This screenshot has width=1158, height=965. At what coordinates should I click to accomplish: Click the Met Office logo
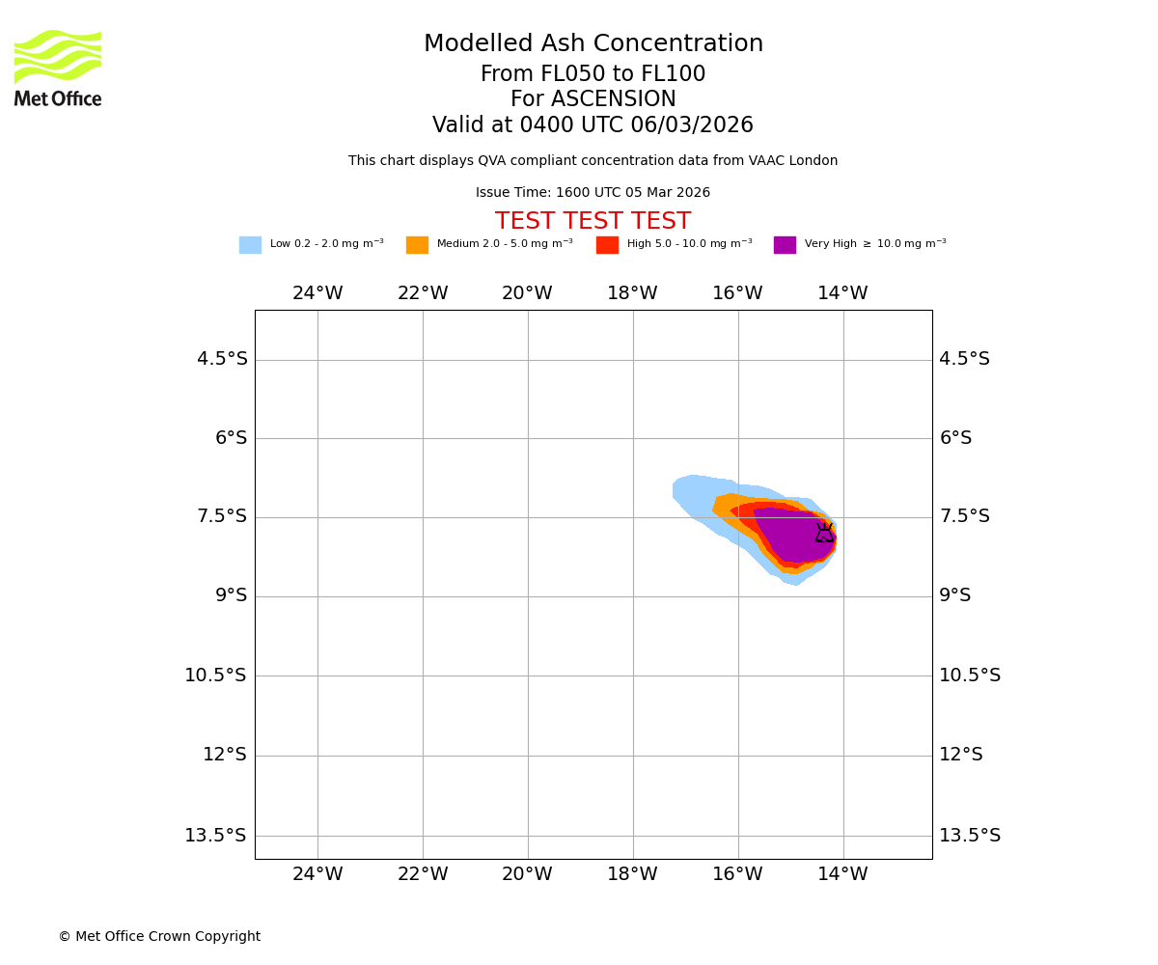[x=58, y=68]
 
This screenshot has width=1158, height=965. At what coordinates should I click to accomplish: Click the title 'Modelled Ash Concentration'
[x=593, y=44]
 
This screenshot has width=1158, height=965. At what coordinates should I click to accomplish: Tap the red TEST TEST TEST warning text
[x=593, y=222]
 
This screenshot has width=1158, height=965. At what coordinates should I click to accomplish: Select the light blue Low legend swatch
[x=250, y=245]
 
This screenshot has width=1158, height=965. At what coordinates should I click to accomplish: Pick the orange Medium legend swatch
[x=417, y=245]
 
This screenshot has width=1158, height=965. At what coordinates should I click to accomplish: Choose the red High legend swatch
[x=607, y=245]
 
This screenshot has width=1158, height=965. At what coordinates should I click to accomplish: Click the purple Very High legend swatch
[x=785, y=245]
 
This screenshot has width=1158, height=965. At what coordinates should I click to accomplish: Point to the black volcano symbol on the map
[x=824, y=533]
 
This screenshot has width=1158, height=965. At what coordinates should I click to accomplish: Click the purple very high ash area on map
[x=791, y=536]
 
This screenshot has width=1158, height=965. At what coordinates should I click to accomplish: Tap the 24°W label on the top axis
[x=317, y=293]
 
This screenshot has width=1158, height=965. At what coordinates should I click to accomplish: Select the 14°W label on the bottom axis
[x=842, y=874]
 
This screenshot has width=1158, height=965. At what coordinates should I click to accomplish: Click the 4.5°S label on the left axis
[x=222, y=359]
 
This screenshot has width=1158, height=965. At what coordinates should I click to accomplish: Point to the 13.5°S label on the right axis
[x=970, y=836]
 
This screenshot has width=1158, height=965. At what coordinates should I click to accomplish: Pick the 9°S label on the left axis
[x=231, y=595]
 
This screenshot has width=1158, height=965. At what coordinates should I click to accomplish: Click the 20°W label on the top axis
[x=527, y=293]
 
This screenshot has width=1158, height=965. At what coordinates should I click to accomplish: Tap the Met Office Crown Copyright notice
[x=159, y=937]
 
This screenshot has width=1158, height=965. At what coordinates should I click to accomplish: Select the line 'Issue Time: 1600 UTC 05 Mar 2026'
[x=593, y=193]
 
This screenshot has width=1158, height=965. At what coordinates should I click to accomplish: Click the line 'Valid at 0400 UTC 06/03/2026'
[x=593, y=125]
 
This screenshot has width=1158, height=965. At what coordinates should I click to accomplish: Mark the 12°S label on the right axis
[x=961, y=755]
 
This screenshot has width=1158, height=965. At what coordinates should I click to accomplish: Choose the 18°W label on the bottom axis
[x=632, y=874]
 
